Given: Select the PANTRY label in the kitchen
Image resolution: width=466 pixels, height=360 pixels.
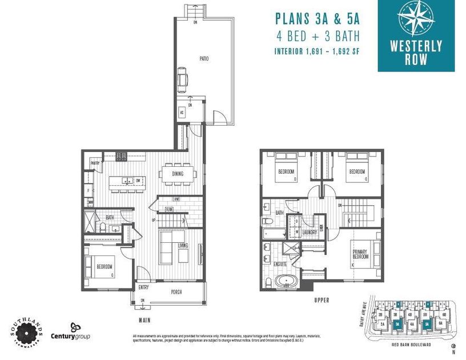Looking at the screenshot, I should tap(95, 163).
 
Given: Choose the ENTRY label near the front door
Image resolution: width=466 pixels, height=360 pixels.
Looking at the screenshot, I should tap(143, 287).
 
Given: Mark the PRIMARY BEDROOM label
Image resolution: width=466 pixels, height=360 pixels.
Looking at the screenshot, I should tap(360, 254).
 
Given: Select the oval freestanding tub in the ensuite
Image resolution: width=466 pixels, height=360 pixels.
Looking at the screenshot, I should tap(284, 281).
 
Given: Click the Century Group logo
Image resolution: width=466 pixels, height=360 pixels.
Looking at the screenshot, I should tap(70, 331).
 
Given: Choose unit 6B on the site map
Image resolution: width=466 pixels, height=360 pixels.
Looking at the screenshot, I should tap(444, 315).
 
